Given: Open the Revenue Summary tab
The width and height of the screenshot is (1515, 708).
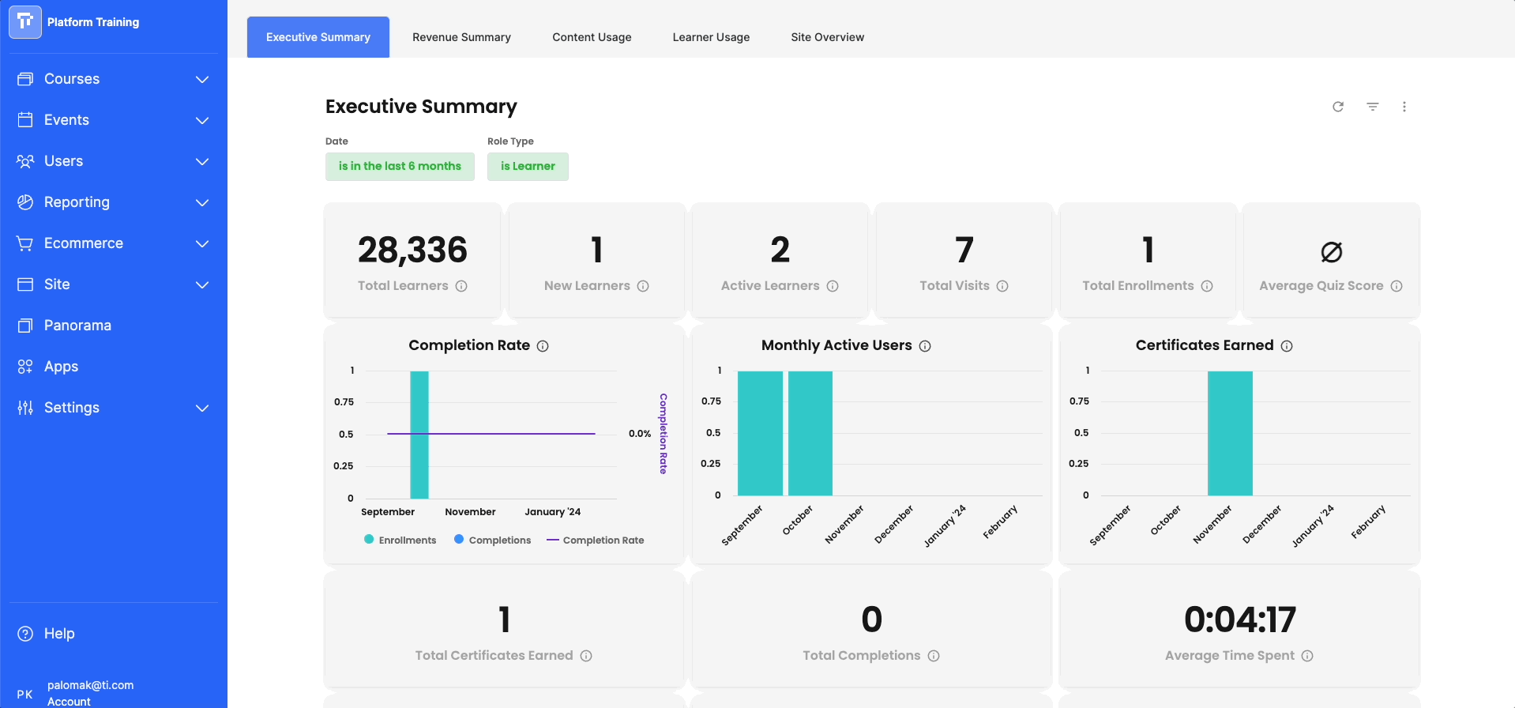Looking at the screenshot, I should point(461,37).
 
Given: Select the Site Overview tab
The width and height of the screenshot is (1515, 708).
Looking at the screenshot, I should point(827,37).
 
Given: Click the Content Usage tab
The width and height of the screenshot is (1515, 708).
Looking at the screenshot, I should point(592,37).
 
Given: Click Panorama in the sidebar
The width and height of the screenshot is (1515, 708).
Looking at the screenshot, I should point(77,326).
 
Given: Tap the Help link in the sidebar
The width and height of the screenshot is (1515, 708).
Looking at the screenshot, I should point(58,634).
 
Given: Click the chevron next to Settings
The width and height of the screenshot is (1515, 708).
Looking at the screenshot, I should point(202,408).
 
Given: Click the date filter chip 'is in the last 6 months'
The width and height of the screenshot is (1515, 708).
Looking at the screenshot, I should point(400,166).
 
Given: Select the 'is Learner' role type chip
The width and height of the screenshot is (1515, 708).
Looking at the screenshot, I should point(528,166).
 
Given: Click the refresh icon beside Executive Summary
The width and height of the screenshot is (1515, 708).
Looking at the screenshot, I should point(1338,107).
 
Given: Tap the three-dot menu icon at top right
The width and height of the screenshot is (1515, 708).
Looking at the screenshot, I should point(1404,107).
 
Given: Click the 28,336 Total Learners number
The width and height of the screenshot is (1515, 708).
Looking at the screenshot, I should point(412,250).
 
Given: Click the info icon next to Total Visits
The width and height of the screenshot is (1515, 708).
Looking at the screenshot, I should point(1002,286).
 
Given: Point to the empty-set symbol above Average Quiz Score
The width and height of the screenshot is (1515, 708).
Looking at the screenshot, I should point(1331,252).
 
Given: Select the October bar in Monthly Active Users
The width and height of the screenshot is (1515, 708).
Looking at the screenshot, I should point(810,433).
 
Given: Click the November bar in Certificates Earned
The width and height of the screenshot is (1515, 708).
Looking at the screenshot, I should point(1230,433).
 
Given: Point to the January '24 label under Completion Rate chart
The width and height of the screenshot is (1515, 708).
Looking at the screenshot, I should point(553,512).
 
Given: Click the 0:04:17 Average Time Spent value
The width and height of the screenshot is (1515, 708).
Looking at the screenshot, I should point(1239,619).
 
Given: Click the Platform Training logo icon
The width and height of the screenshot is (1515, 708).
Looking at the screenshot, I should point(25,22).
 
